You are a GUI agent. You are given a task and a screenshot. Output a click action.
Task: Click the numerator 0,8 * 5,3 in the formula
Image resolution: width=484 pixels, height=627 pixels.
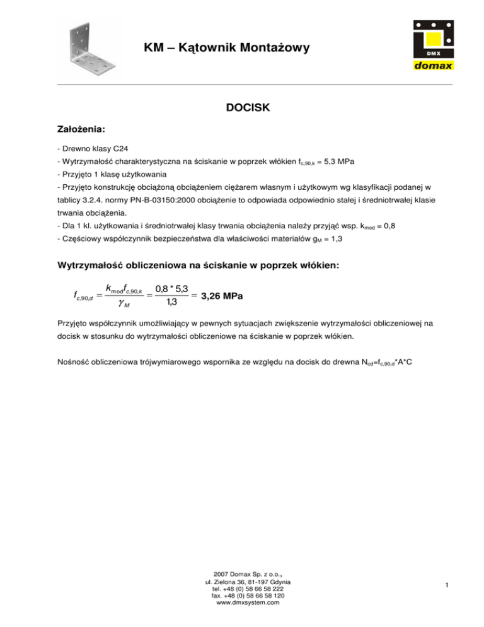[169, 288]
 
